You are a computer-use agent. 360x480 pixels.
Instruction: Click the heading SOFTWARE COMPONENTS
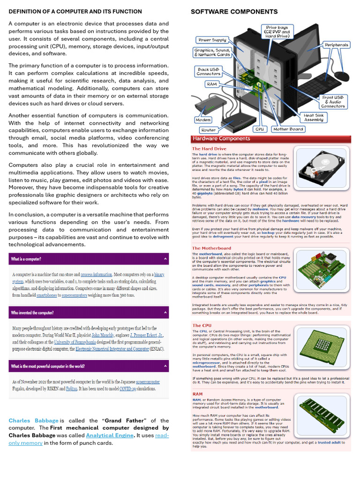[234, 12]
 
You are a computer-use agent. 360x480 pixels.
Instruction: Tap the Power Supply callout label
[212, 40]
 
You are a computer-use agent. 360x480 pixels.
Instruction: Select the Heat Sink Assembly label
[314, 117]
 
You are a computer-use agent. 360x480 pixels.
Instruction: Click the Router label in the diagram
[209, 130]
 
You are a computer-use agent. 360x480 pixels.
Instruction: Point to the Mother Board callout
[288, 129]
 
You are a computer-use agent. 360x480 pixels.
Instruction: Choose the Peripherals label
[336, 45]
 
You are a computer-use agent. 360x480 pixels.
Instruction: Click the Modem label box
[203, 120]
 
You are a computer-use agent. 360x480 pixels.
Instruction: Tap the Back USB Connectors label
[209, 71]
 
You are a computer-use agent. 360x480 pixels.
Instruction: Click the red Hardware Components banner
[270, 139]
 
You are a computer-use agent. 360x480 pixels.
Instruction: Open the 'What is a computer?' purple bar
[89, 259]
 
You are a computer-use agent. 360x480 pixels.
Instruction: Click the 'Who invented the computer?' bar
[89, 313]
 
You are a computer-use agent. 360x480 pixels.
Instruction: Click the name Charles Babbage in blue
[33, 420]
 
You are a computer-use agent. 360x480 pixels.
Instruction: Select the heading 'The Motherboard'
[211, 248]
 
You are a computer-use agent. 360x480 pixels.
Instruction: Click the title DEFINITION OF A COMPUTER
[75, 11]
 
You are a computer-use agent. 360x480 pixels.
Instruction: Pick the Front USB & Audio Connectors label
[333, 102]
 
